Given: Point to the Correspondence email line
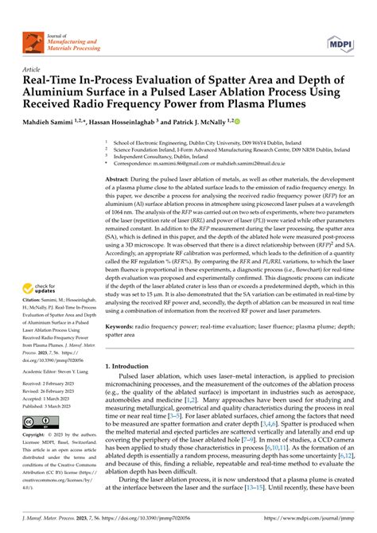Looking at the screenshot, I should click(x=231, y=163).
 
